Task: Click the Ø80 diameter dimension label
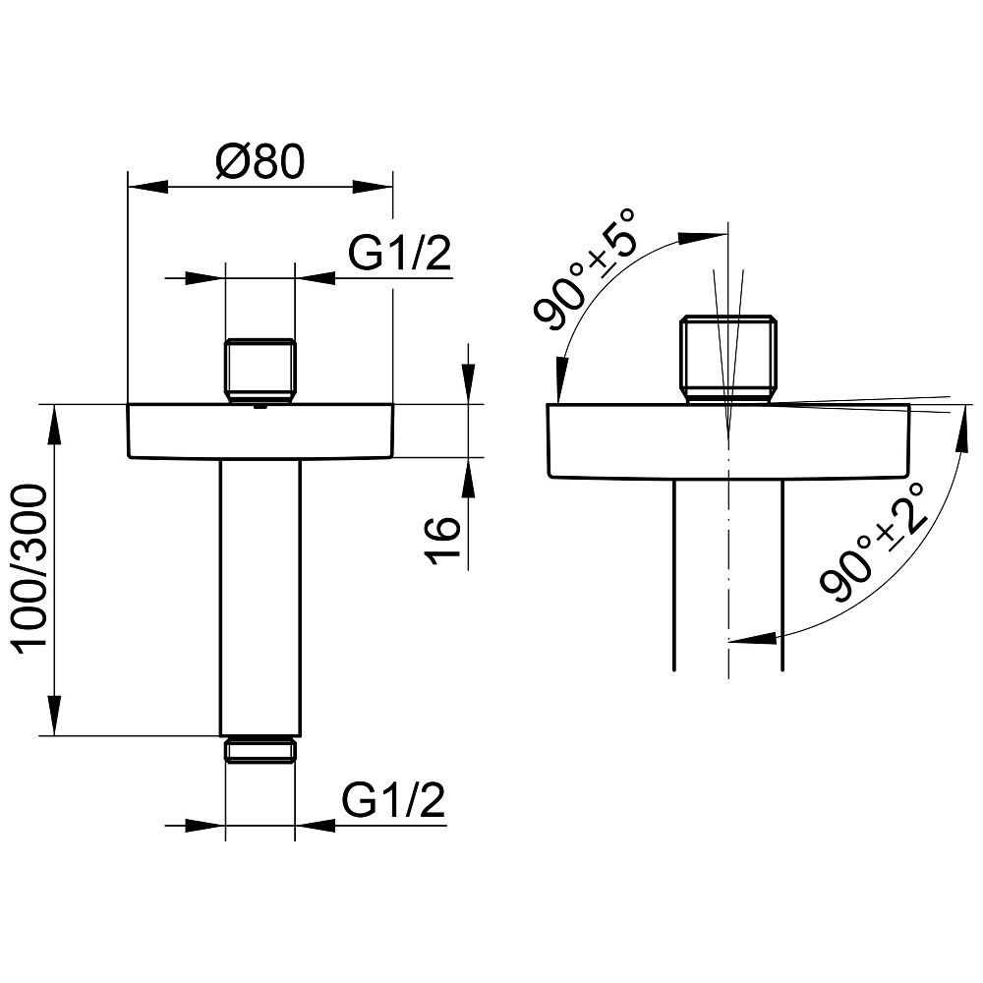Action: pyautogui.click(x=260, y=161)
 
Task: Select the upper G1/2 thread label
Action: pyautogui.click(x=400, y=254)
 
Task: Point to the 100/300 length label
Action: pyautogui.click(x=31, y=569)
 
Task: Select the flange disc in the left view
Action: pyautogui.click(x=260, y=432)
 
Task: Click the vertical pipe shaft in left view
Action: pyautogui.click(x=260, y=597)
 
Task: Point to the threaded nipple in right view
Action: pyautogui.click(x=728, y=359)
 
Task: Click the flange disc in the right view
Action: pyautogui.click(x=728, y=441)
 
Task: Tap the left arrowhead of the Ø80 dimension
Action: pyautogui.click(x=148, y=187)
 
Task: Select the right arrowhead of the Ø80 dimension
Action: pyautogui.click(x=373, y=187)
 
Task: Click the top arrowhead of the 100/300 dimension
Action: pyautogui.click(x=55, y=426)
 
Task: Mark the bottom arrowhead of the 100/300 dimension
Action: pyautogui.click(x=55, y=715)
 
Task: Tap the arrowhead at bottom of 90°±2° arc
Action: pyautogui.click(x=752, y=638)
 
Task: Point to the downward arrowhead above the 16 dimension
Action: pyautogui.click(x=468, y=383)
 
